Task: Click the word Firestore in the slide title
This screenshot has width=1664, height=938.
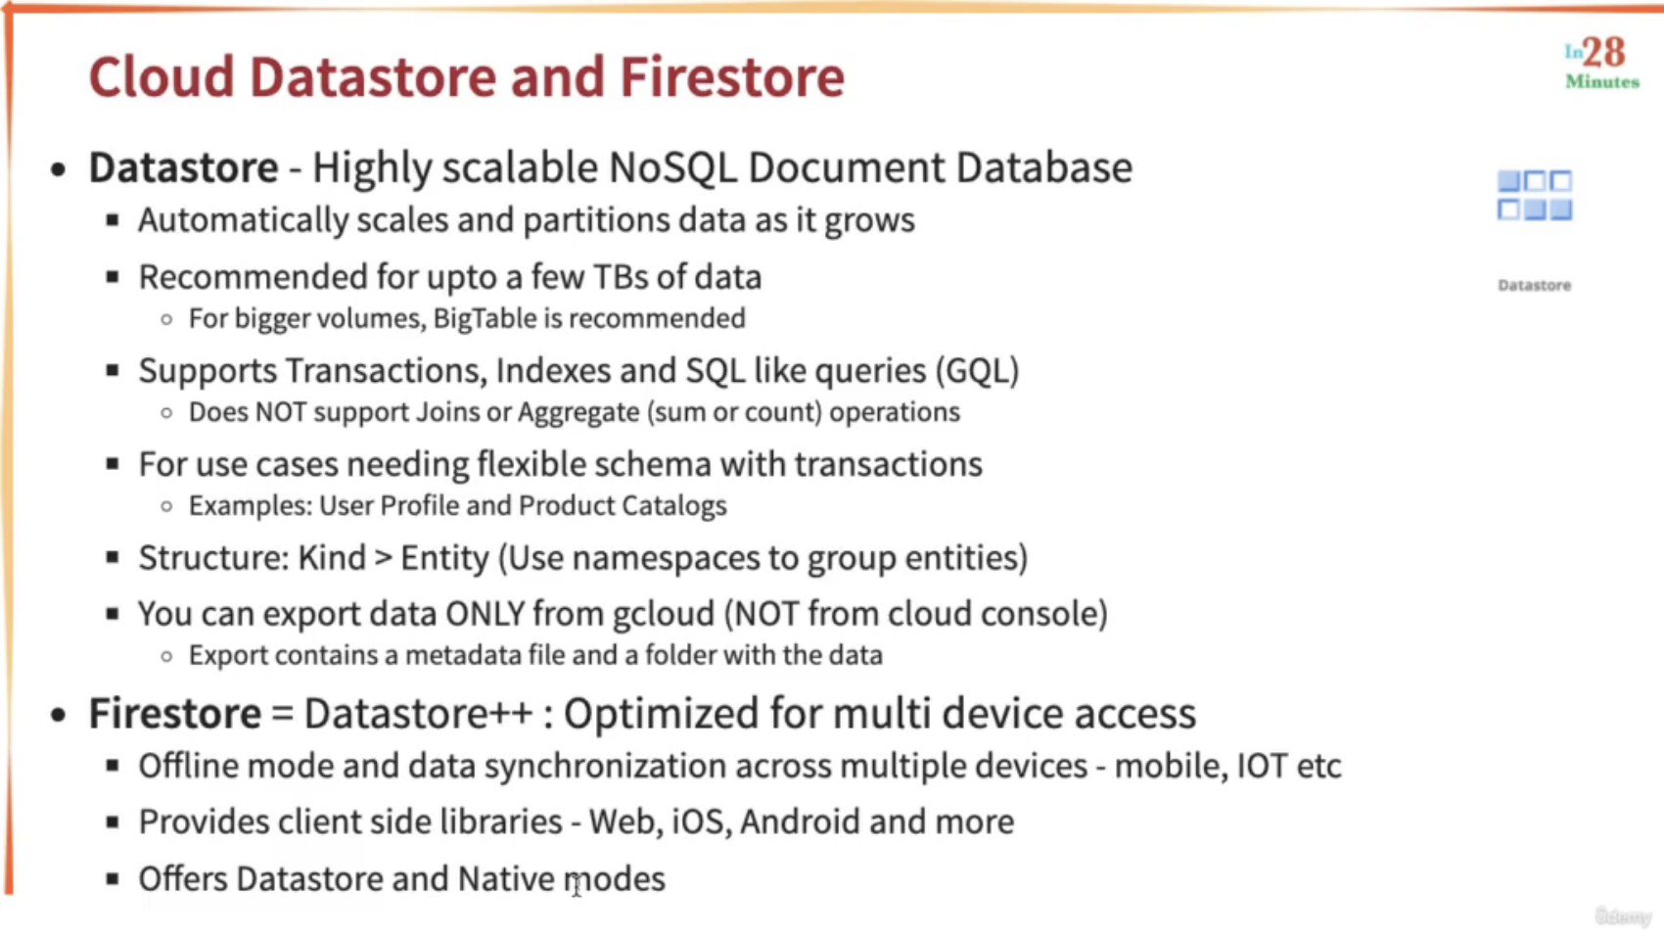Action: [x=732, y=76]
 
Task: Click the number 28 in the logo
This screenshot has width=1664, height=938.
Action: [x=1604, y=53]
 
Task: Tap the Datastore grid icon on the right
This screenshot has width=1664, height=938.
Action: [x=1534, y=196]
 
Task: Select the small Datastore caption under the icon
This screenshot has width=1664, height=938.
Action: [x=1534, y=285]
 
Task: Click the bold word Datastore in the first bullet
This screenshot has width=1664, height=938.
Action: [x=183, y=167]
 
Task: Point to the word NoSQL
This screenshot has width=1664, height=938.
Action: [x=672, y=167]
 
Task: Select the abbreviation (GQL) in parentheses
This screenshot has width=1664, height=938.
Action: [x=977, y=370]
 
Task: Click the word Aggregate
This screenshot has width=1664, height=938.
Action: [x=578, y=412]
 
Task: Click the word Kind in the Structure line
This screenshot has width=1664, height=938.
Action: [x=331, y=557]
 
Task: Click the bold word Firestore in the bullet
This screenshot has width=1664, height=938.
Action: [x=175, y=713]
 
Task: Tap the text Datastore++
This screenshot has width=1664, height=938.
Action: [x=418, y=713]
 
